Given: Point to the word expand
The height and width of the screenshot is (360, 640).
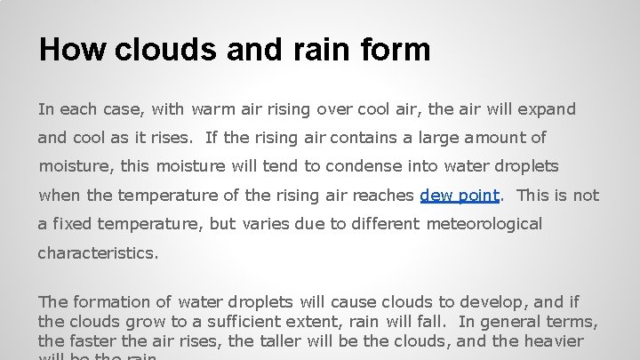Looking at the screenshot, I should (x=544, y=110).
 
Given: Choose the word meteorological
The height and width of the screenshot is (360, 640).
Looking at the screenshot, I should (x=484, y=224).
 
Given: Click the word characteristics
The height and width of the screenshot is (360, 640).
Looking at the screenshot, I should (x=98, y=252).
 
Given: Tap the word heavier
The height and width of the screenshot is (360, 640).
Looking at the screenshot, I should (x=554, y=341).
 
